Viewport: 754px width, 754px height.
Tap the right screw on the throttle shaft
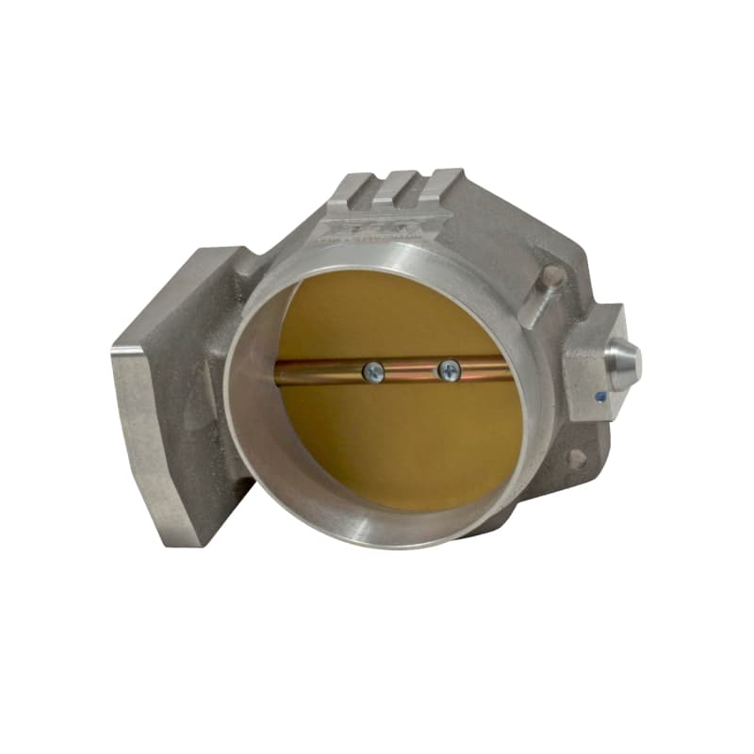(x=448, y=370)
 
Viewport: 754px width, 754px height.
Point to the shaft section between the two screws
(x=410, y=369)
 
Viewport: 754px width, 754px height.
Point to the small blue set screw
(x=600, y=397)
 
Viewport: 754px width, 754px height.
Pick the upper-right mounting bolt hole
(x=552, y=274)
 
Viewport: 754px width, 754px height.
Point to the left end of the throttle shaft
(x=283, y=375)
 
